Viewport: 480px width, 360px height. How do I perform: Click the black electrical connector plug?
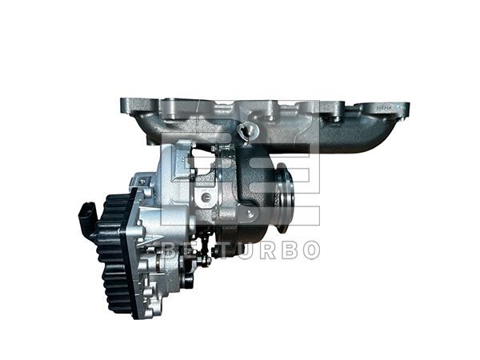pos(88,216)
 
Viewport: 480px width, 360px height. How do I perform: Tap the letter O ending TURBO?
pos(310,250)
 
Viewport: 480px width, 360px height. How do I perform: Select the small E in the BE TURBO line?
pos(190,250)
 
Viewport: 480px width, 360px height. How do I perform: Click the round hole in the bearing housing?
pos(207,197)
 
